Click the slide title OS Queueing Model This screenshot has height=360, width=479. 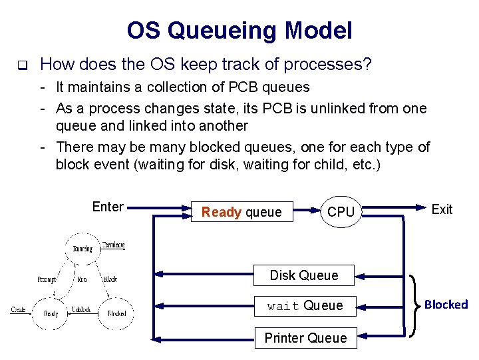tap(239, 30)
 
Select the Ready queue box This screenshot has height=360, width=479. tap(241, 212)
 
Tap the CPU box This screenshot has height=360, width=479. tap(341, 212)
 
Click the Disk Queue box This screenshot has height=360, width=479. tap(304, 275)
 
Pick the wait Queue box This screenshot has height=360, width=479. tap(305, 306)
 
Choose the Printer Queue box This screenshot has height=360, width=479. tap(305, 338)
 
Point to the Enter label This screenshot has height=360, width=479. tap(108, 207)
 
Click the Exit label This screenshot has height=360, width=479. tap(442, 209)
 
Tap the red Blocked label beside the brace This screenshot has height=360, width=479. tap(446, 305)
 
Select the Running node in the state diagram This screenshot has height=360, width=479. tap(82, 249)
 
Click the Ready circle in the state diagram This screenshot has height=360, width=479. tap(51, 313)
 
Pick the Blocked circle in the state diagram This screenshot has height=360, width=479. tap(116, 313)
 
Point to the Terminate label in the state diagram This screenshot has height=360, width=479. tap(113, 245)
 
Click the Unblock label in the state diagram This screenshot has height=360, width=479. tap(82, 310)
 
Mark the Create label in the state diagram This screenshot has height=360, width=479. tap(19, 310)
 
